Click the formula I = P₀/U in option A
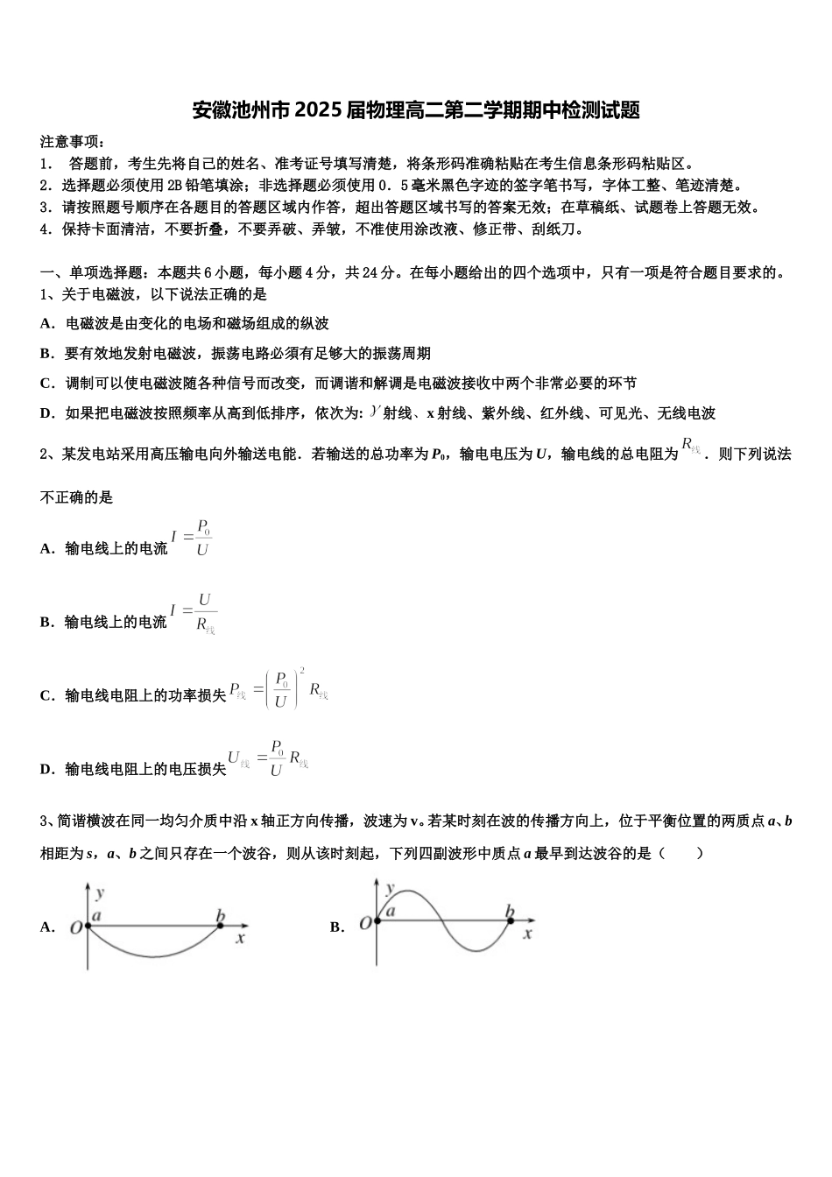(192, 539)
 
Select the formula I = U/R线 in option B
(193, 612)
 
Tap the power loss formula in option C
(279, 689)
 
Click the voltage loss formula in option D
(268, 758)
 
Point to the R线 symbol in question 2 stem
(690, 447)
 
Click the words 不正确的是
(77, 497)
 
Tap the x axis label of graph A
(239, 938)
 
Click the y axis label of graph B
(391, 888)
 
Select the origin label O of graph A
(76, 927)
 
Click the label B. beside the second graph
(337, 927)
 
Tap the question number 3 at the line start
(45, 821)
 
